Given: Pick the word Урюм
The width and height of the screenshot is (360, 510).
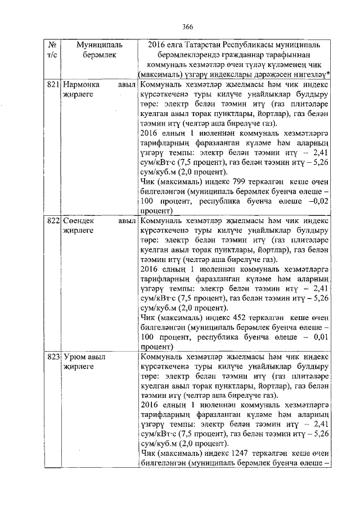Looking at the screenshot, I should point(74,357).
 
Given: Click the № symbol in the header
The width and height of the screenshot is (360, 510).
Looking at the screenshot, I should point(53,45).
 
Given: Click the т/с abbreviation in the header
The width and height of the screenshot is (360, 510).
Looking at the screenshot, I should point(53,55).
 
